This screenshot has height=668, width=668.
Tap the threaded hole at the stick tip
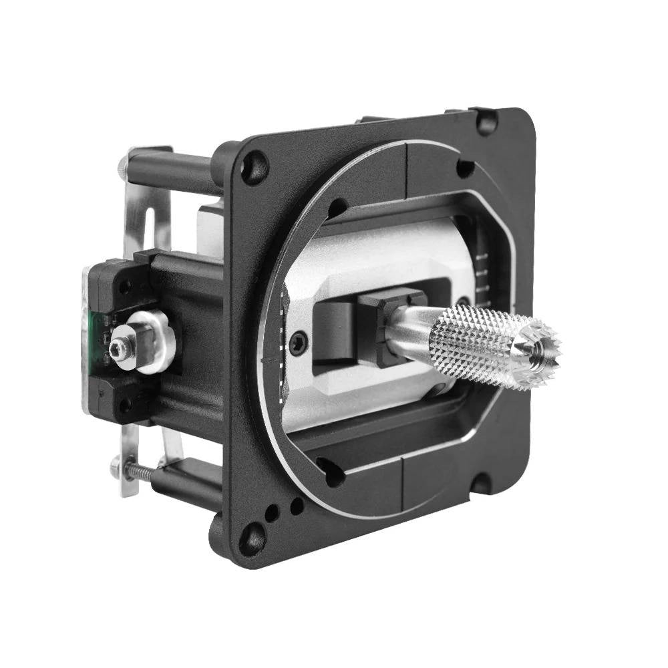538,347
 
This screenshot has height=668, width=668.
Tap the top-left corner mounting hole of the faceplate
254,166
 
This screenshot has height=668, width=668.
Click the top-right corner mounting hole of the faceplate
485,122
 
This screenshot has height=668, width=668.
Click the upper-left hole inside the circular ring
337,208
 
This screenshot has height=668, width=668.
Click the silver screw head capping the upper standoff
123,163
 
